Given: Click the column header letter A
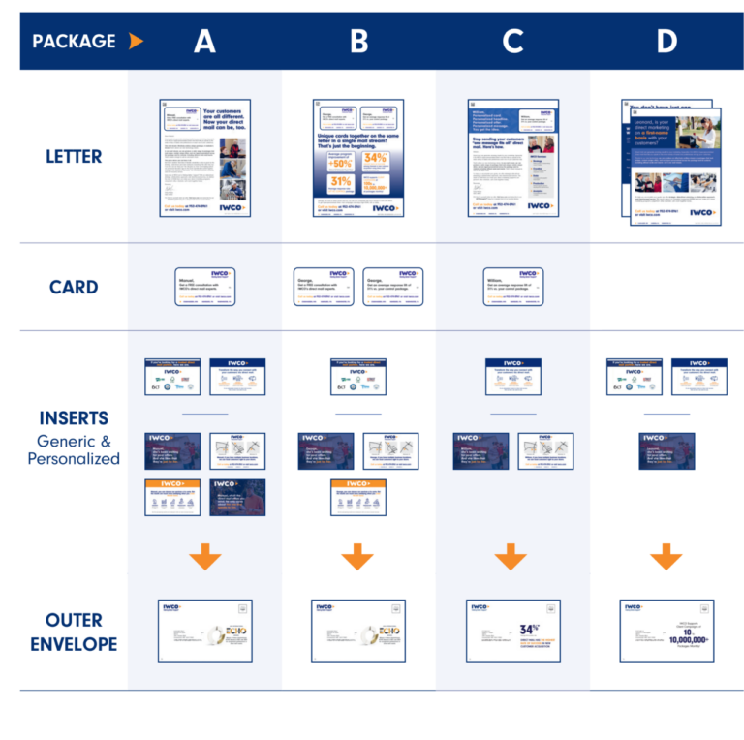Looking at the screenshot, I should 204,41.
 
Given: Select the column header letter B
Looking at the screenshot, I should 358,41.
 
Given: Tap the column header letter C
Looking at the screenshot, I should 512,41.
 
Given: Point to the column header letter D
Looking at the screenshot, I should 666,41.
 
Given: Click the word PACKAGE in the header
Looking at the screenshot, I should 74,41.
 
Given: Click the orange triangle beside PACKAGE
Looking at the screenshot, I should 136,41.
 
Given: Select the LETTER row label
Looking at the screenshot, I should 74,156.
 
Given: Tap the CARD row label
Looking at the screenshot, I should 74,287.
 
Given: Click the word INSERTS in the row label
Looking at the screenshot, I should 74,418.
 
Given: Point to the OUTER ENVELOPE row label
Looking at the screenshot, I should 74,632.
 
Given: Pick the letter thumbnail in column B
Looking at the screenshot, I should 358,157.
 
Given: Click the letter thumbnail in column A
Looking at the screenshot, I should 204,157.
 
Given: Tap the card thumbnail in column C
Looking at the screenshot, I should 513,287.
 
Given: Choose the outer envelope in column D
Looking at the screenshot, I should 666,630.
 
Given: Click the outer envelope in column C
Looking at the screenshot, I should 512,630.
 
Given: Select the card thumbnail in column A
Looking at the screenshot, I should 205,287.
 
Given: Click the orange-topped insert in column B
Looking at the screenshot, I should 358,496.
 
